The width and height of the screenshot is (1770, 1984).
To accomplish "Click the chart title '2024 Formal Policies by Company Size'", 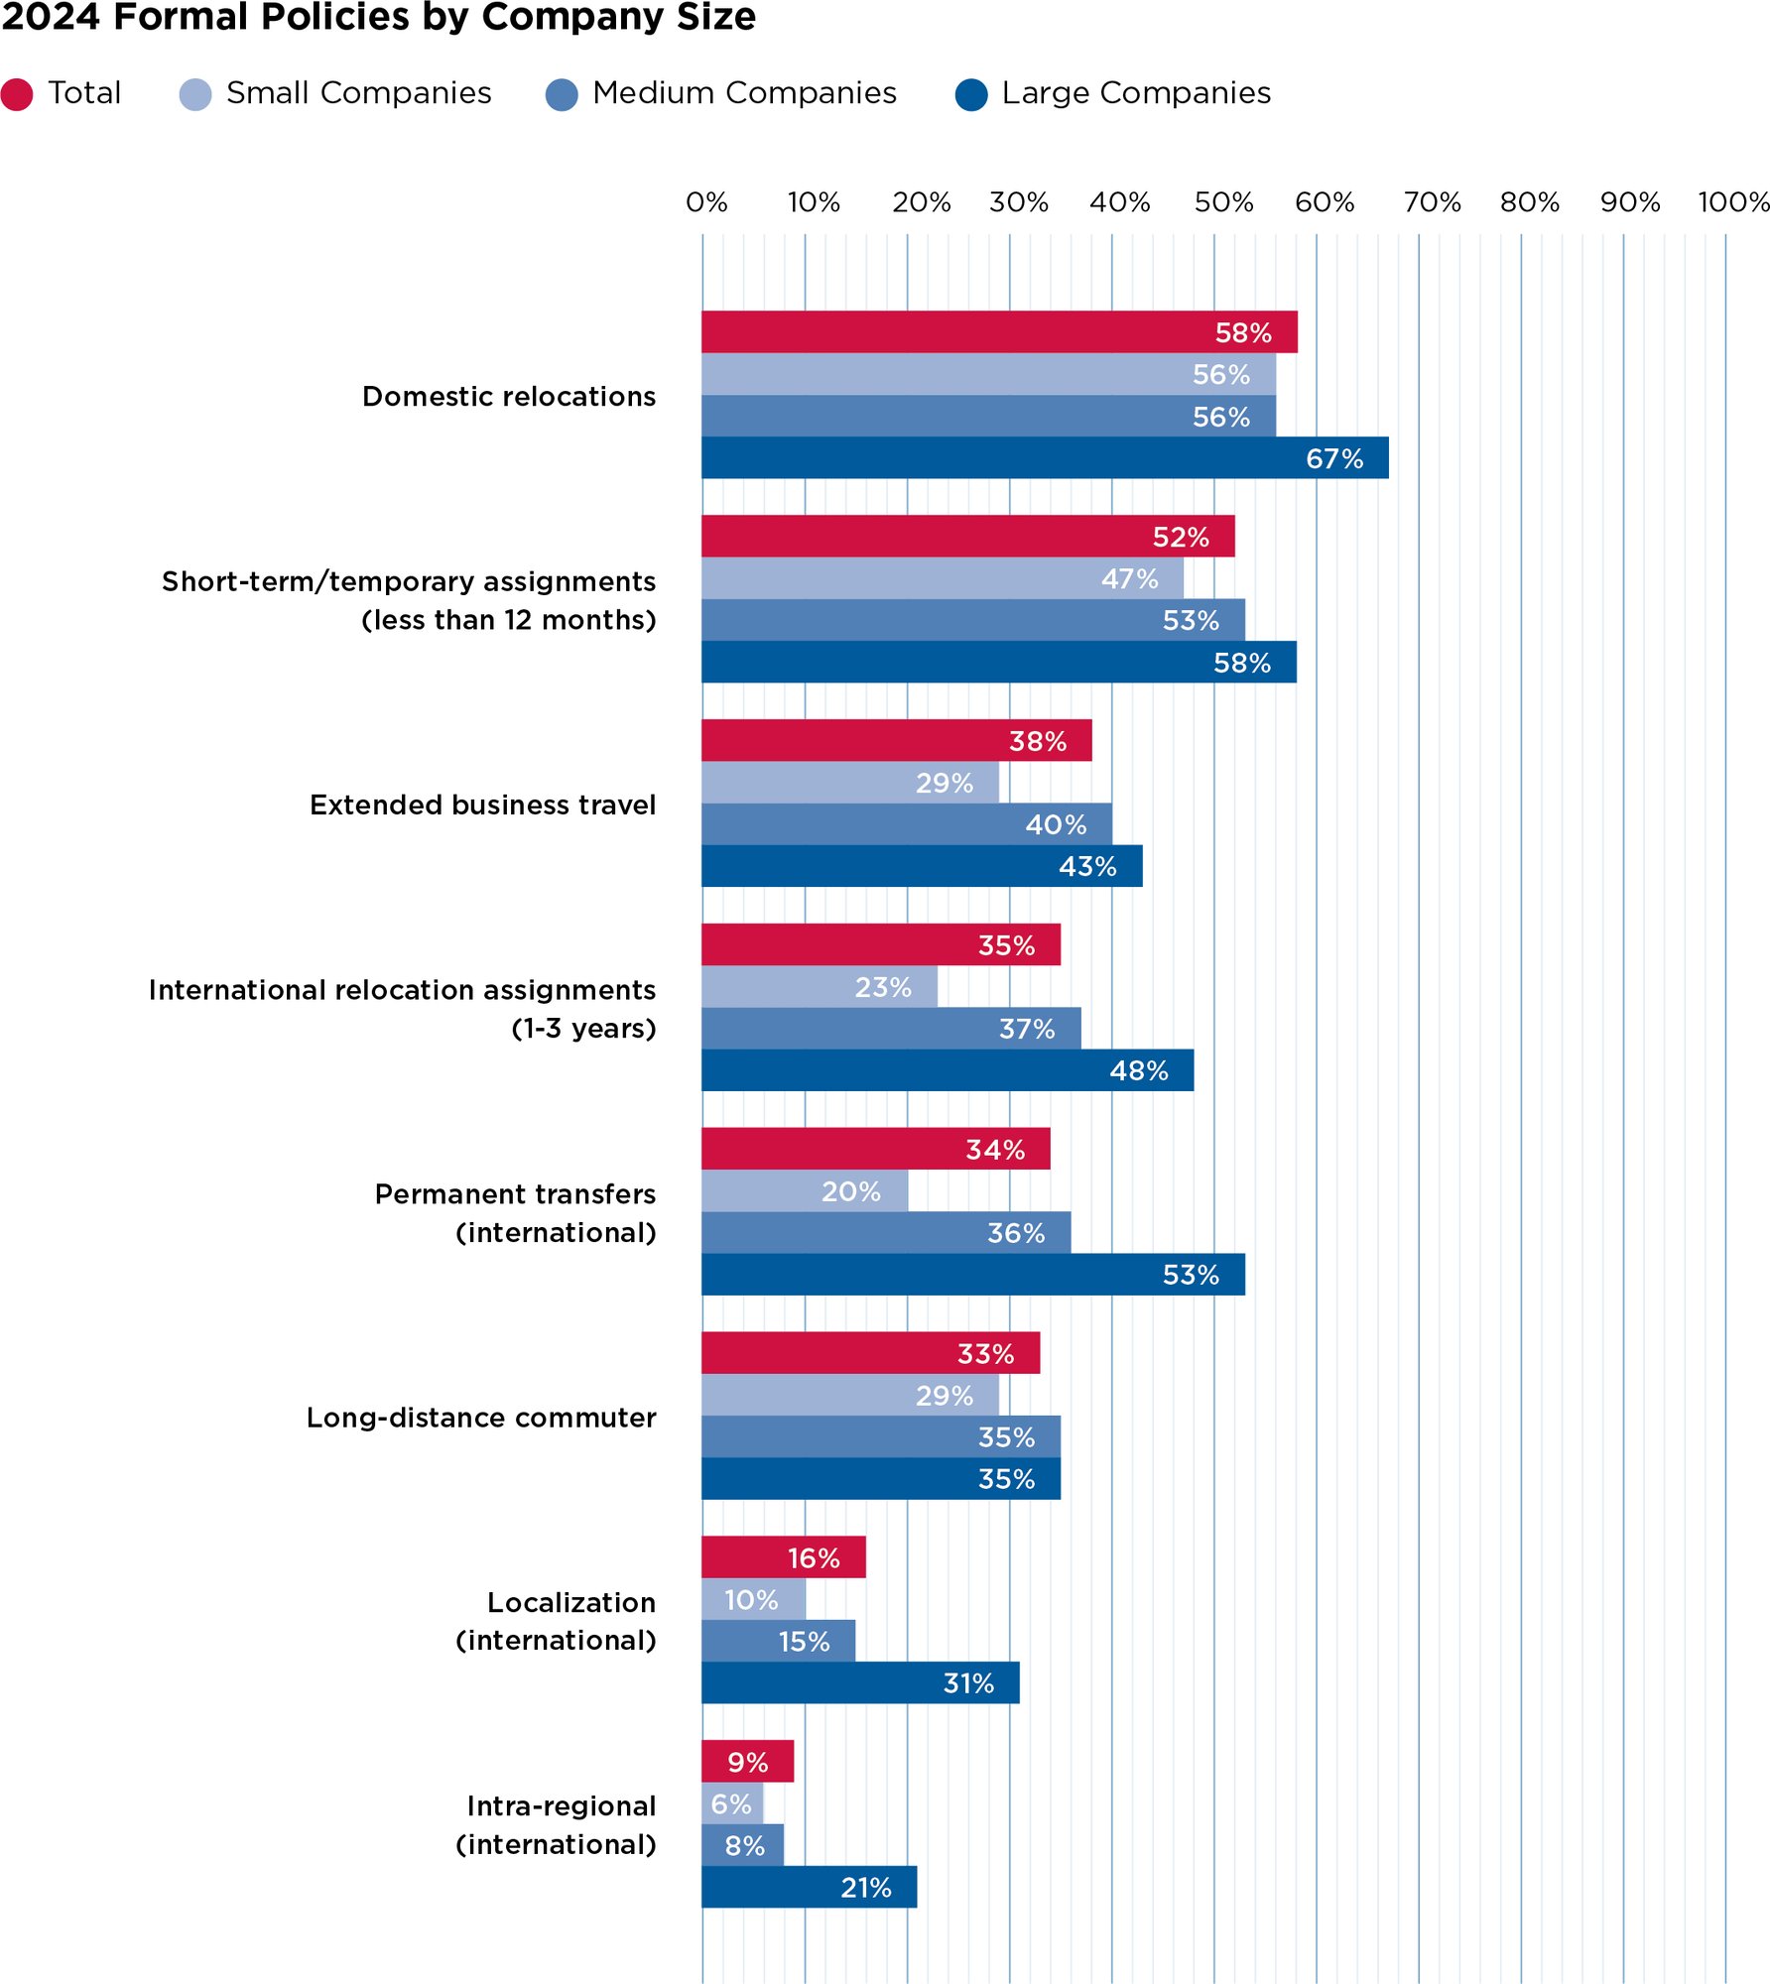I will pyautogui.click(x=378, y=18).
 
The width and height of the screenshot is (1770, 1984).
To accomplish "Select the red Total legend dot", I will pyautogui.click(x=17, y=94).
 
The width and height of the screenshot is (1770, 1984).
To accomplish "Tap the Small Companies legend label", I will pyautogui.click(x=358, y=93).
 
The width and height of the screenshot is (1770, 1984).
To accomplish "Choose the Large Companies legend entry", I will pyautogui.click(x=1135, y=93).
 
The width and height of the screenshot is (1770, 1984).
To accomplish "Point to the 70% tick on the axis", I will pyautogui.click(x=1431, y=203).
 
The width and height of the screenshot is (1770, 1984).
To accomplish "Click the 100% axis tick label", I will pyautogui.click(x=1732, y=203).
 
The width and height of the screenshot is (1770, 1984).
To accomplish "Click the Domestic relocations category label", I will pyautogui.click(x=508, y=397).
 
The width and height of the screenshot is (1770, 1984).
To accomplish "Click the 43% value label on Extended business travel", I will pyautogui.click(x=1086, y=867).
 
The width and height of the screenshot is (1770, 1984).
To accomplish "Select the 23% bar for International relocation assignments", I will pyautogui.click(x=819, y=987).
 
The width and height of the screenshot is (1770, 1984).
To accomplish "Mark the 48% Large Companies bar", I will pyautogui.click(x=947, y=1070).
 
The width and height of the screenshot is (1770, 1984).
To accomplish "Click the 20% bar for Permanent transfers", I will pyautogui.click(x=804, y=1191).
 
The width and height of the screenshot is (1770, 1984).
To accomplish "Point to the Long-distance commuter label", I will pyautogui.click(x=480, y=1418).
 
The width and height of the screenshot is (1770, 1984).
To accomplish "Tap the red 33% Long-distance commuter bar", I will pyautogui.click(x=869, y=1353).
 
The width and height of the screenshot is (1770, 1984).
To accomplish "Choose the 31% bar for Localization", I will pyautogui.click(x=859, y=1683).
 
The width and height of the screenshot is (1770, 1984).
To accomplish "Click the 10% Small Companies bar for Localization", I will pyautogui.click(x=753, y=1600).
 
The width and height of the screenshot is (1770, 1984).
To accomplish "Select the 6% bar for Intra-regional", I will pyautogui.click(x=732, y=1803).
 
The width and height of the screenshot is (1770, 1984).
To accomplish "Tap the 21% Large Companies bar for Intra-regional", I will pyautogui.click(x=808, y=1887).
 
